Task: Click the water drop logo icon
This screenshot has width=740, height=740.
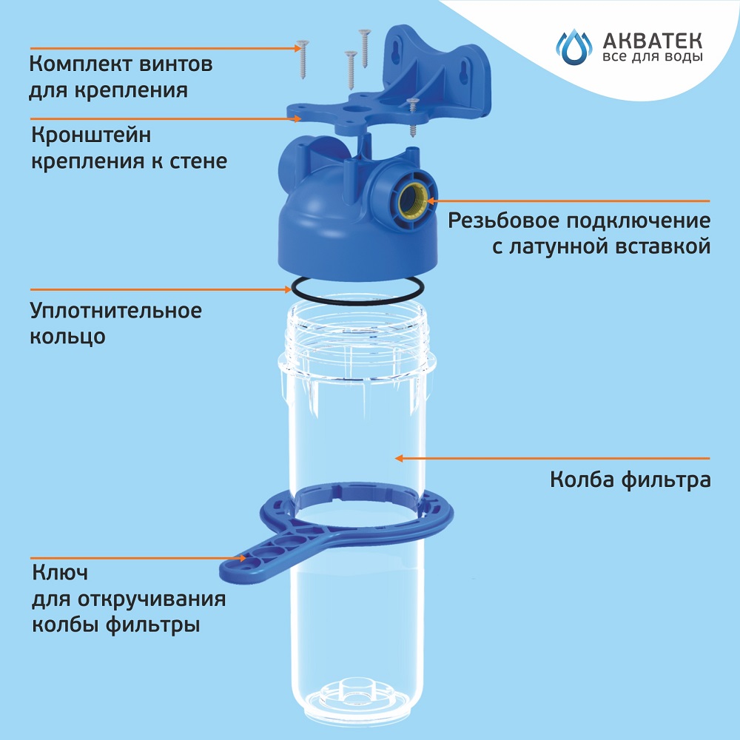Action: click(x=573, y=47)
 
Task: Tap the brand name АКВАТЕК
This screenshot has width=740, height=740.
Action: click(x=653, y=41)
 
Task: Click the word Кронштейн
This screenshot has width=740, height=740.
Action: click(x=91, y=136)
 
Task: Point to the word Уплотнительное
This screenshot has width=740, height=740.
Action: click(x=116, y=311)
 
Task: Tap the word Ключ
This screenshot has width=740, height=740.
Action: click(x=60, y=573)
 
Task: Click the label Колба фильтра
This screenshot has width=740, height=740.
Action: click(x=630, y=480)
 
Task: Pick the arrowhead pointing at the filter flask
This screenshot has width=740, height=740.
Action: click(x=400, y=458)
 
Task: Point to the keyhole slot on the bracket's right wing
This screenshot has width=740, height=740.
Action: click(x=463, y=73)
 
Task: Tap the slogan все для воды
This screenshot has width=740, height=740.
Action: click(x=653, y=58)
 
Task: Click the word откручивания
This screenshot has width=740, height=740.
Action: click(x=152, y=599)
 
